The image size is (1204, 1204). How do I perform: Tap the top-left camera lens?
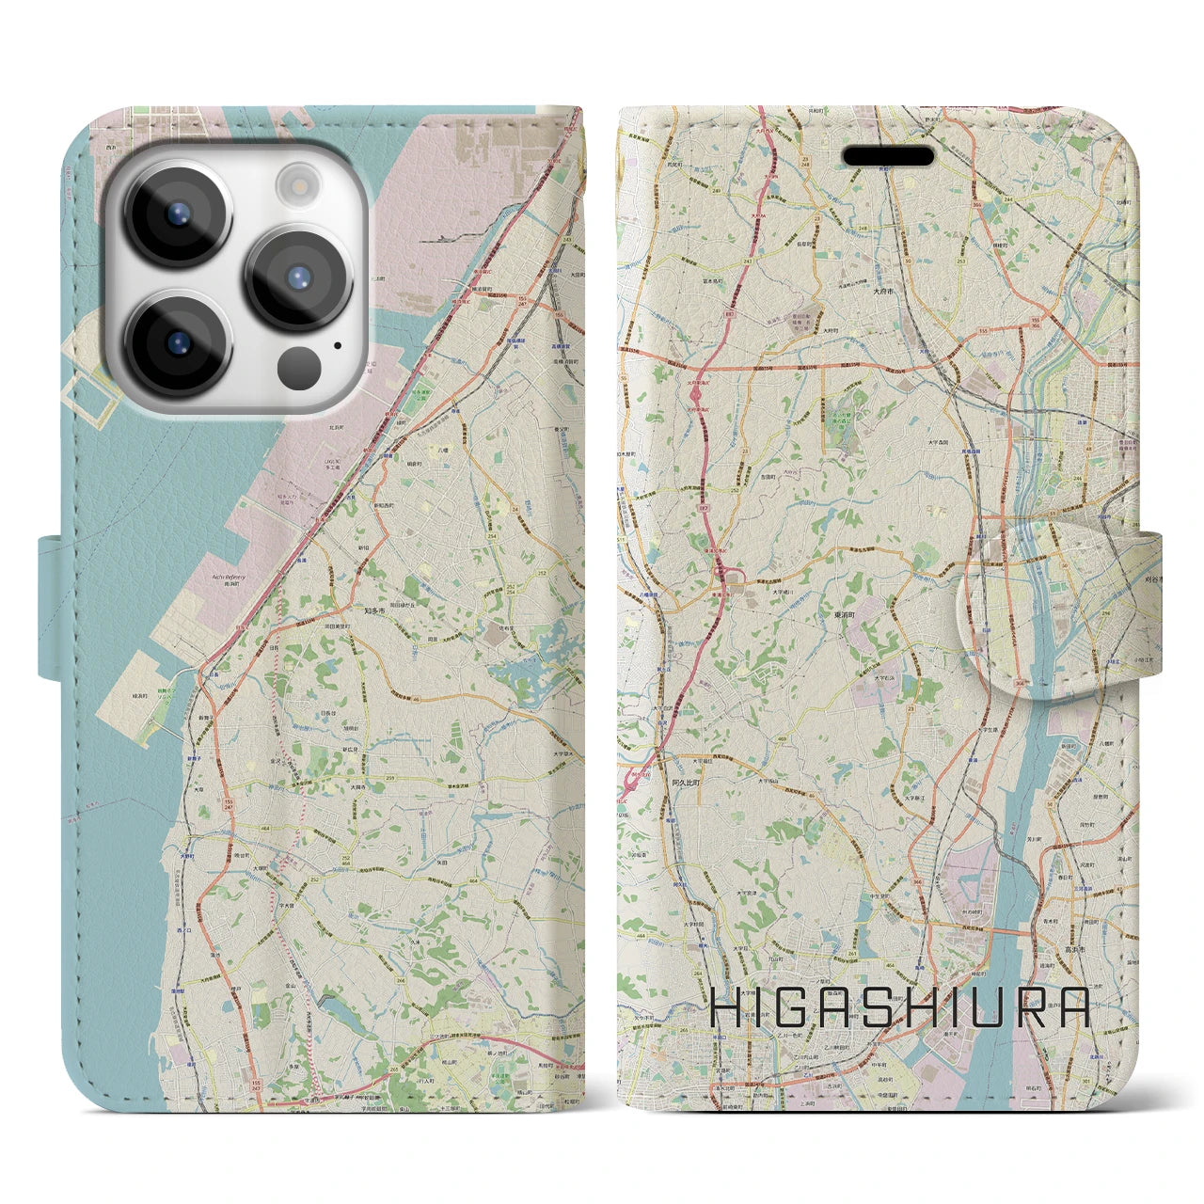(x=177, y=212)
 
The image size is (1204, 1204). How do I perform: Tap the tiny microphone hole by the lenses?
(x=337, y=345)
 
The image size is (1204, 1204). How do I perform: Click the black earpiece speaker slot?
(x=888, y=155)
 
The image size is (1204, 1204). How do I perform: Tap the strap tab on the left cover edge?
(x=52, y=606)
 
